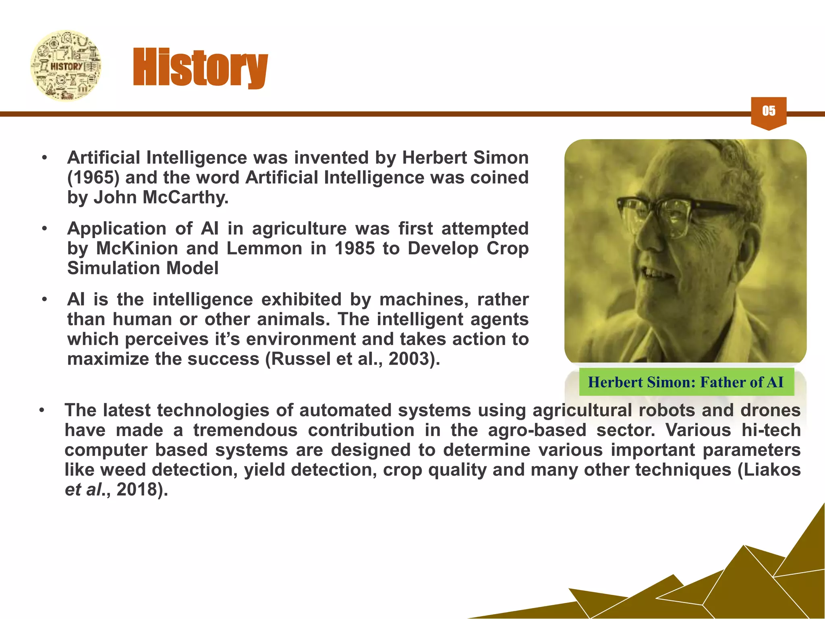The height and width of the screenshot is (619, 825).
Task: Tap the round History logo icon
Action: tap(66, 66)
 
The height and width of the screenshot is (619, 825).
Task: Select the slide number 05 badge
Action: tap(769, 112)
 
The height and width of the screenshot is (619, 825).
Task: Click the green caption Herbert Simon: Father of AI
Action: tap(686, 382)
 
